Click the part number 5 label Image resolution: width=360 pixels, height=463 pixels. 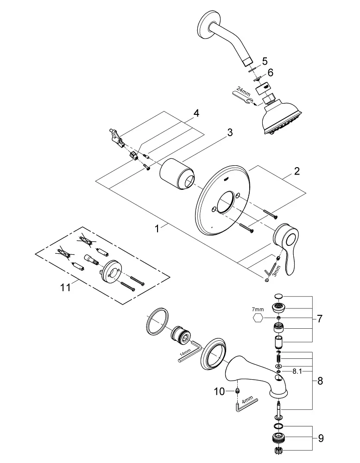pyautogui.click(x=265, y=61)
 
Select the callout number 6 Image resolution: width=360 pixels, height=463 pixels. pyautogui.click(x=270, y=73)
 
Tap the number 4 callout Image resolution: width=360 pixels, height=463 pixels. pyautogui.click(x=196, y=113)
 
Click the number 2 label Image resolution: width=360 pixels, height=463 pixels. pyautogui.click(x=297, y=172)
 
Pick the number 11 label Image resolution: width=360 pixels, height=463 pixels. pyautogui.click(x=65, y=288)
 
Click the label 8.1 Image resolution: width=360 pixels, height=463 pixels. pyautogui.click(x=297, y=371)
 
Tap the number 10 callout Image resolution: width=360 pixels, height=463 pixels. pyautogui.click(x=219, y=392)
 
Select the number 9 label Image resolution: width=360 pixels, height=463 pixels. pyautogui.click(x=321, y=438)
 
